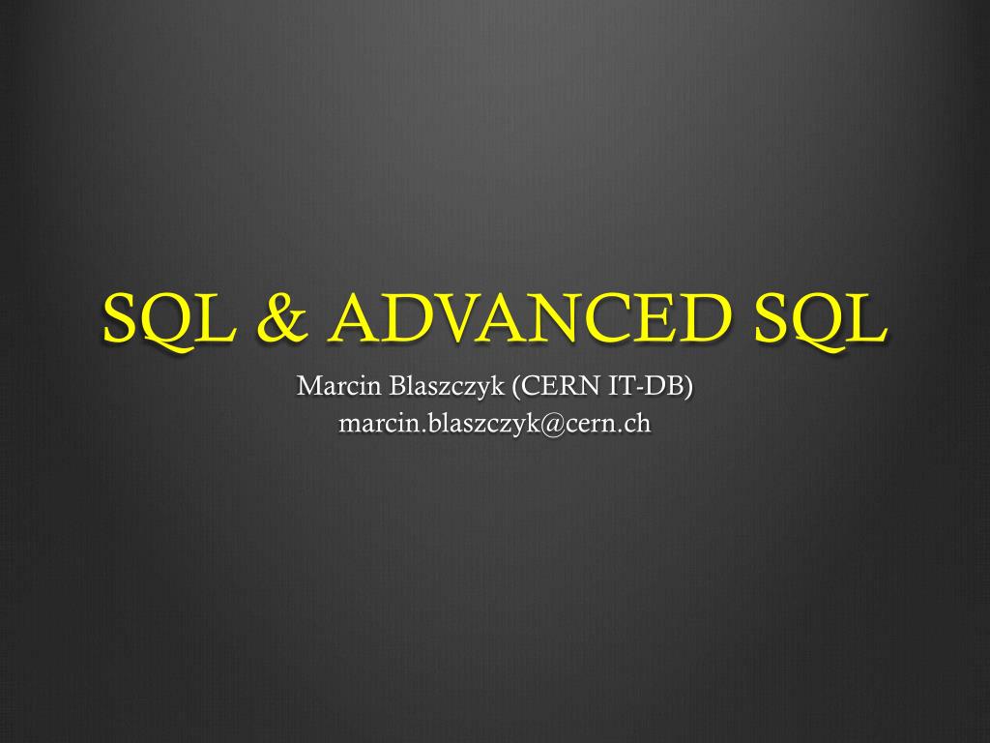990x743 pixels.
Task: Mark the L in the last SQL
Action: tap(866, 317)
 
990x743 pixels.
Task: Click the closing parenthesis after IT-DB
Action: tap(689, 387)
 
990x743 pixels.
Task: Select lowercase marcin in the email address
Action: tap(374, 423)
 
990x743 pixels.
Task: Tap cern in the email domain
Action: tap(597, 424)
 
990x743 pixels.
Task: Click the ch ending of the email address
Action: tap(638, 423)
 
